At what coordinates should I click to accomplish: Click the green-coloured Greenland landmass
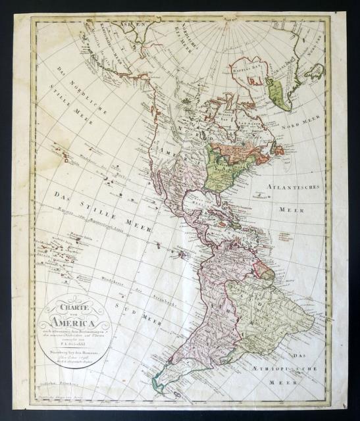point(279,92)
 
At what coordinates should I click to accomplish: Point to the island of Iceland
point(314,71)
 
